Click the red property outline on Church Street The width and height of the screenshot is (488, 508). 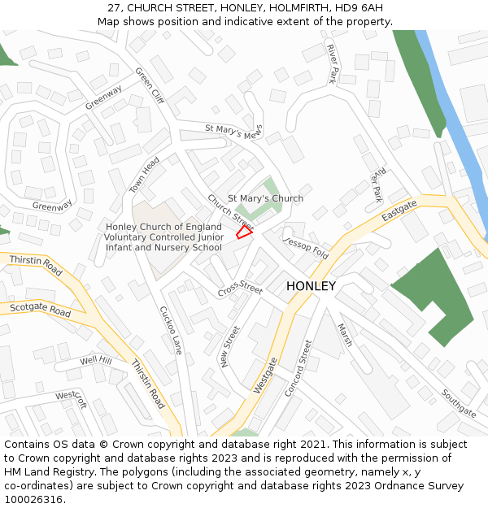pos(244,232)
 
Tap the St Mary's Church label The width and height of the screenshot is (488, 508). pos(265,198)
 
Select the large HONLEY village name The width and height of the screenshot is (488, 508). pos(311,286)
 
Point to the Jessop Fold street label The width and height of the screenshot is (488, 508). pos(306,248)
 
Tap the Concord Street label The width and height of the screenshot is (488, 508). pos(298,368)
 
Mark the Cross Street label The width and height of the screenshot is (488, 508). pos(240,289)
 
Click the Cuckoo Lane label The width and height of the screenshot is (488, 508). pos(171,330)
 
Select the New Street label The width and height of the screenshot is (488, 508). pos(231,347)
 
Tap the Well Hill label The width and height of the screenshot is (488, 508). pos(96,360)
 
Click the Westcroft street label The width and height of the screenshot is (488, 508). pos(71,400)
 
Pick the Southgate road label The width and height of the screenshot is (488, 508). pos(459,403)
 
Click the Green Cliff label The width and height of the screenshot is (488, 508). pos(150,85)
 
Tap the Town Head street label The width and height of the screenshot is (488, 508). pos(146,175)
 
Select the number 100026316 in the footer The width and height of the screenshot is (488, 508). pos(33,500)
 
